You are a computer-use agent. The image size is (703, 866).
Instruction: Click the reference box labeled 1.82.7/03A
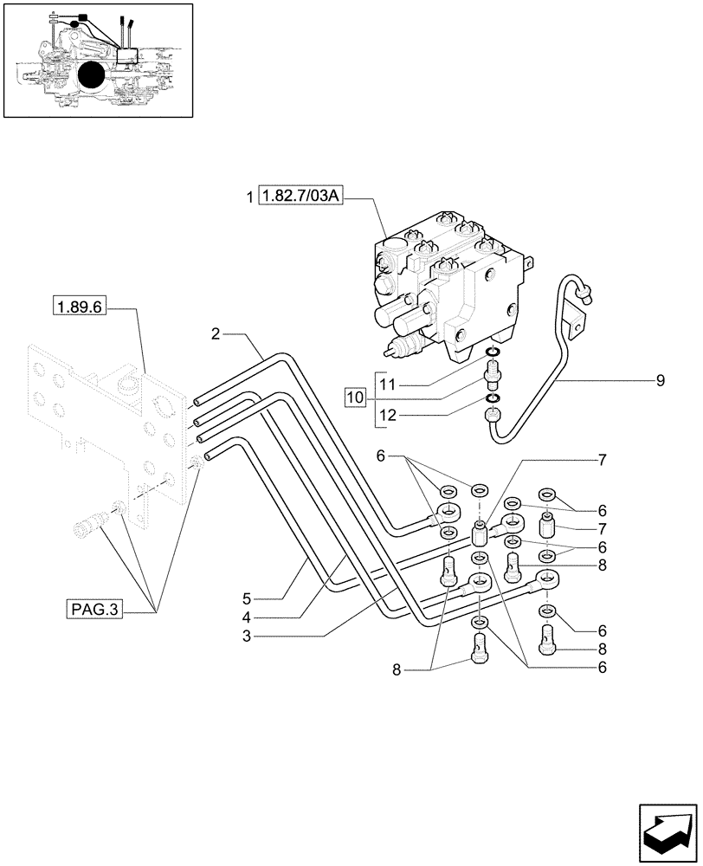(x=302, y=198)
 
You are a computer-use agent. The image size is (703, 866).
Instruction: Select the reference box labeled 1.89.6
(x=79, y=306)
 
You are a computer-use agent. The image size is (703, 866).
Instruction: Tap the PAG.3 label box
(x=94, y=611)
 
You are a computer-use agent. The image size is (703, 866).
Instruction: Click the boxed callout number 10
(x=355, y=397)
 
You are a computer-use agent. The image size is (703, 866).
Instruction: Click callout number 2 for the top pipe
(x=215, y=333)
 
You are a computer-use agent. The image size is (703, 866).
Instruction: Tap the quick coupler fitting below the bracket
(x=90, y=524)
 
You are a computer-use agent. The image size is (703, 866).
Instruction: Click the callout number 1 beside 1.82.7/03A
(x=250, y=198)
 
